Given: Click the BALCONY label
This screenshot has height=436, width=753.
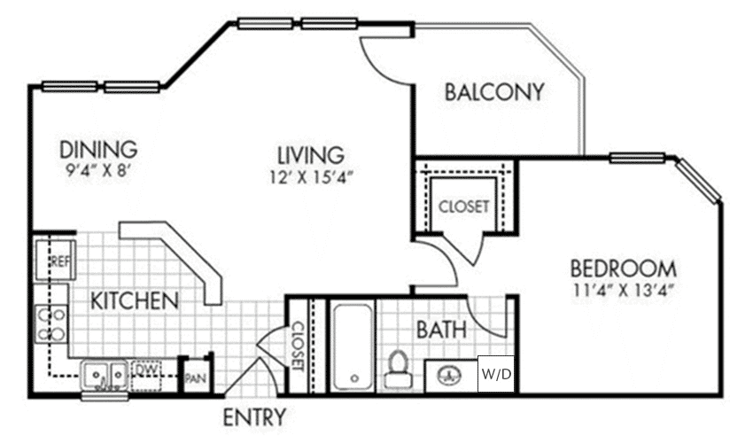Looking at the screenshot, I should pyautogui.click(x=493, y=92).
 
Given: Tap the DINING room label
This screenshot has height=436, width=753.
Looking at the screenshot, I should pyautogui.click(x=98, y=147).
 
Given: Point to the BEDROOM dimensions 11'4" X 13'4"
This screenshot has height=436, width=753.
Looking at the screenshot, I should pyautogui.click(x=624, y=289).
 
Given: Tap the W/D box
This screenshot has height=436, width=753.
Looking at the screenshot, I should pyautogui.click(x=496, y=374).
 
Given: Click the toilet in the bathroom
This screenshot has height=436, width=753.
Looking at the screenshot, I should pyautogui.click(x=398, y=369).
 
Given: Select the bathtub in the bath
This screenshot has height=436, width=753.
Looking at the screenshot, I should pyautogui.click(x=352, y=346).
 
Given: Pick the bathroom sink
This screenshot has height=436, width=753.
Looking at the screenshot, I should pyautogui.click(x=450, y=375).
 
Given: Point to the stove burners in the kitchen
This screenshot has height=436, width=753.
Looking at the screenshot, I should pyautogui.click(x=50, y=324).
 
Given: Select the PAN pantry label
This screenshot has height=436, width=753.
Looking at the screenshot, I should pyautogui.click(x=196, y=376).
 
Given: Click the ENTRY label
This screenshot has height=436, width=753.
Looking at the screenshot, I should pyautogui.click(x=254, y=417).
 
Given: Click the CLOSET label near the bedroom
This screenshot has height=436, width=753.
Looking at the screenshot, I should pyautogui.click(x=463, y=206).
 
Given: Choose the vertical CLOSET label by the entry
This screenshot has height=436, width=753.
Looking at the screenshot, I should pyautogui.click(x=298, y=346).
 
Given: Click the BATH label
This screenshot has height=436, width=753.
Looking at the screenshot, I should pyautogui.click(x=442, y=330).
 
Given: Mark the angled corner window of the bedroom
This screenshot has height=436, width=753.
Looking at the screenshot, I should pyautogui.click(x=699, y=180).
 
